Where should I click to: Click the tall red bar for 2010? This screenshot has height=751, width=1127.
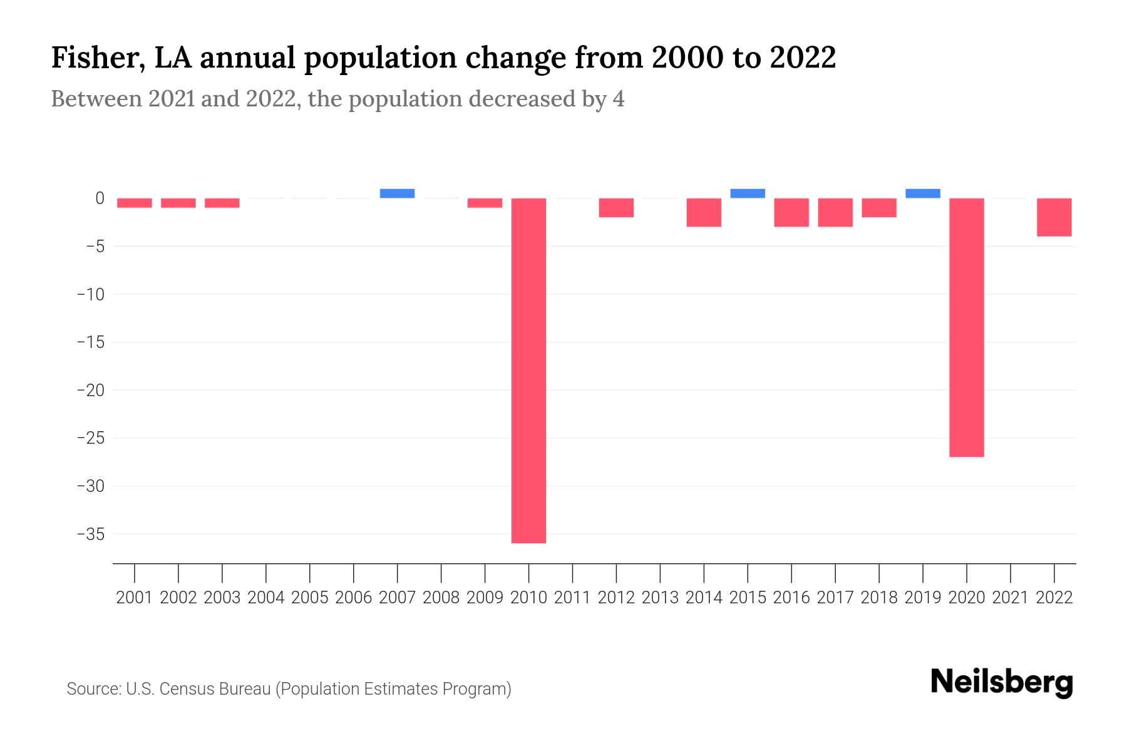(x=528, y=370)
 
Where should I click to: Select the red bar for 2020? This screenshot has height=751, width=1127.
(x=967, y=327)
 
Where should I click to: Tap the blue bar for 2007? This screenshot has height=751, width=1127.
(x=397, y=193)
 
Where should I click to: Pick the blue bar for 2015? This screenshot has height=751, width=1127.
(x=748, y=193)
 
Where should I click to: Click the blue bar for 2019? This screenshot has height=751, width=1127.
(x=923, y=193)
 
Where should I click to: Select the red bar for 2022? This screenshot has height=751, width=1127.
(x=1054, y=217)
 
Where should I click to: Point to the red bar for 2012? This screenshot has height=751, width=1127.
(x=616, y=208)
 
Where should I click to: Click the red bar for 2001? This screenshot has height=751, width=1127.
(x=135, y=203)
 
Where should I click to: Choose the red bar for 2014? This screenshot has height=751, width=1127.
(x=704, y=212)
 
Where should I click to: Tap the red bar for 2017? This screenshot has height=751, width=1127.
(x=835, y=212)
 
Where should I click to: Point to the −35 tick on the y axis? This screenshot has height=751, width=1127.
(x=91, y=534)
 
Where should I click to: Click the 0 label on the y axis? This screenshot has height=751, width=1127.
(x=100, y=198)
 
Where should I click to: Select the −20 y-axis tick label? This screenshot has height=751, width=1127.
(x=91, y=391)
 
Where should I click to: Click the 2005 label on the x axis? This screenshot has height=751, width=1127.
(x=310, y=598)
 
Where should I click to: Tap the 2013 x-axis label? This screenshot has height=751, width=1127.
(x=660, y=598)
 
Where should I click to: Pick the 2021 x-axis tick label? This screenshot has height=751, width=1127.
(x=1011, y=598)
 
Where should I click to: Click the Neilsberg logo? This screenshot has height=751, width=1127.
(x=1002, y=682)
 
